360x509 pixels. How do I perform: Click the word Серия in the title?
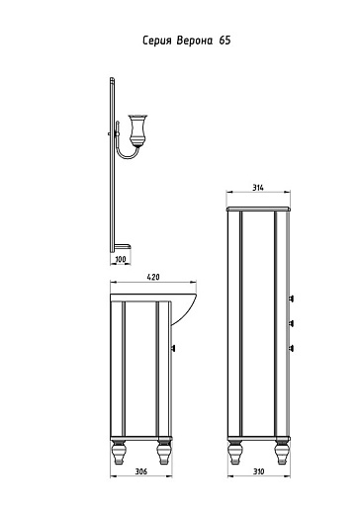click(x=157, y=41)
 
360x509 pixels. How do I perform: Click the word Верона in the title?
click(x=195, y=41)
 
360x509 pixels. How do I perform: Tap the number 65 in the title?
click(x=225, y=41)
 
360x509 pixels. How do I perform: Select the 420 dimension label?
click(x=153, y=277)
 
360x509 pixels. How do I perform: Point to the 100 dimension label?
click(x=121, y=259)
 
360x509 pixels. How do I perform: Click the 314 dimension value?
click(x=258, y=188)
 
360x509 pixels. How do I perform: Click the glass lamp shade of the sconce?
click(x=137, y=130)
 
